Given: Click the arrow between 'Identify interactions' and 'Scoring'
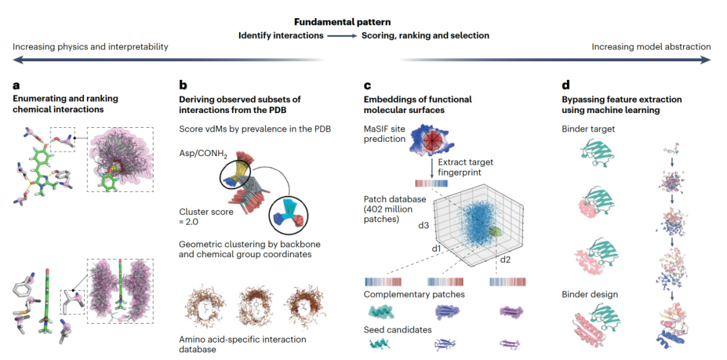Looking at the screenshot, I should click(x=343, y=35).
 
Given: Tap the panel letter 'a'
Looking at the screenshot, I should click(x=16, y=85).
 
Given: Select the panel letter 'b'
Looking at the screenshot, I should click(x=182, y=85).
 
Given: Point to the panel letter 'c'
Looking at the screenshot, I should click(x=367, y=85).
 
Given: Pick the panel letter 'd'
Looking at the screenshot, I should click(x=565, y=85).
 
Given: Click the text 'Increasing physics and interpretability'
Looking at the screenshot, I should click(x=90, y=47).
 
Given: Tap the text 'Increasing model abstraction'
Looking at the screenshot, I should click(x=651, y=47).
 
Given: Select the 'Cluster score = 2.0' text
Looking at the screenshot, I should click(x=206, y=217).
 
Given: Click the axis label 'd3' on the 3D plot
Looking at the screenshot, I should click(x=424, y=225).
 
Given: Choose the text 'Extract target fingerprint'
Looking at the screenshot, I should click(x=466, y=168).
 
